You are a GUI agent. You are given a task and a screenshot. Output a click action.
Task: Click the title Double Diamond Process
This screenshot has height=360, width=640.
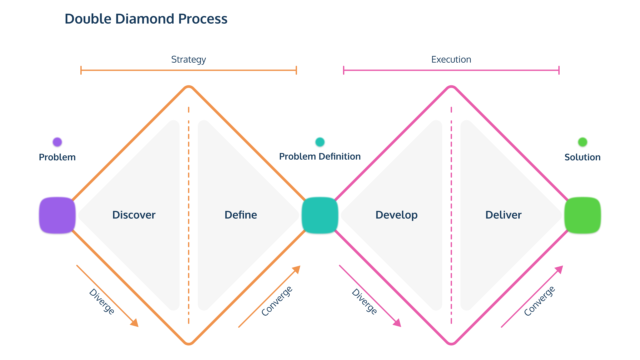click(146, 19)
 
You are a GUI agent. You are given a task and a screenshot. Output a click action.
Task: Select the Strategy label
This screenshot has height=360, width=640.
click(189, 60)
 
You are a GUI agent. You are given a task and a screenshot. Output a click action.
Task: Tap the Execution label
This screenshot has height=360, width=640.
click(451, 60)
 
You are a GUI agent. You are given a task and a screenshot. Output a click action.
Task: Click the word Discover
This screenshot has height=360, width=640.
click(134, 215)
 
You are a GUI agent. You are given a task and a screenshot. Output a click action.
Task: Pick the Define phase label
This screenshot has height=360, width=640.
click(241, 215)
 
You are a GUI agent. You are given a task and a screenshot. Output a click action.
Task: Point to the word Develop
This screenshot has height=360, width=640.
click(397, 215)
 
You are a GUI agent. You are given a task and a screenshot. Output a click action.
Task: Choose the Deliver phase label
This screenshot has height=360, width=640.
click(503, 215)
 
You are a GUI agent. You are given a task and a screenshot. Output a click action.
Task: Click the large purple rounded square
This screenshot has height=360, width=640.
click(57, 215)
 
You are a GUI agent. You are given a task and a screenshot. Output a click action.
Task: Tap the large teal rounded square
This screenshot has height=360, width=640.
click(320, 215)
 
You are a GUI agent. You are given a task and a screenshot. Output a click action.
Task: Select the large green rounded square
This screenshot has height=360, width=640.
click(583, 215)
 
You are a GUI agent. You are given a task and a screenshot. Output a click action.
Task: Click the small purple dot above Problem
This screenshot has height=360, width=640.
click(57, 142)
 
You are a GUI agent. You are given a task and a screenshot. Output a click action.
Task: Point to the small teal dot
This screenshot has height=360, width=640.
click(320, 142)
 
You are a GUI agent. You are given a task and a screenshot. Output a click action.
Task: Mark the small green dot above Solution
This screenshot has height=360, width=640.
click(583, 142)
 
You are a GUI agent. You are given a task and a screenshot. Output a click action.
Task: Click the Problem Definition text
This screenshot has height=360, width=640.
click(320, 157)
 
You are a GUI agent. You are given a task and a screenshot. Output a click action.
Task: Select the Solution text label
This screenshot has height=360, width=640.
click(583, 157)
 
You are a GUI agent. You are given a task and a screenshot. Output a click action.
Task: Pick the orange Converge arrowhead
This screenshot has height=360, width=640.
click(296, 270)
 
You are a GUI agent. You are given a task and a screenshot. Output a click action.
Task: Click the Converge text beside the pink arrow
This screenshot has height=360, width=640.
click(539, 301)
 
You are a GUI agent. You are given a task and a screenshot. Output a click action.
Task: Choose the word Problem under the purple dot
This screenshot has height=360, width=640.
click(57, 157)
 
